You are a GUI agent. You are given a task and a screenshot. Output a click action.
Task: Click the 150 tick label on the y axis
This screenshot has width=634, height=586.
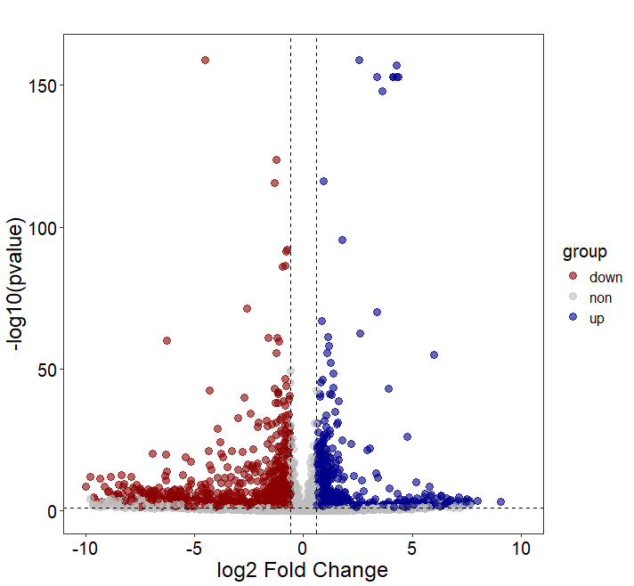click(43, 85)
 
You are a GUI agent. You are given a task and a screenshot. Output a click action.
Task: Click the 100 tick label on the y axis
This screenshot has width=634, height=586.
click(43, 227)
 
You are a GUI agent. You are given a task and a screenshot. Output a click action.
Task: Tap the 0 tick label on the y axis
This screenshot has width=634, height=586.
click(52, 511)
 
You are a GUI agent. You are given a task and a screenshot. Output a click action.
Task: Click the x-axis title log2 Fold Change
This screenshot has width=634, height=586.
click(303, 570)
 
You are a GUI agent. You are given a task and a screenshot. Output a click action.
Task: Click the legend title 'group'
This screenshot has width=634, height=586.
click(578, 252)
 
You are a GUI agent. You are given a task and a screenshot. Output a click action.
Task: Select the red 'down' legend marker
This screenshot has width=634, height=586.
click(573, 277)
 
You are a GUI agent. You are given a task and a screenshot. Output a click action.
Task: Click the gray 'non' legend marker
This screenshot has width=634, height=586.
click(573, 297)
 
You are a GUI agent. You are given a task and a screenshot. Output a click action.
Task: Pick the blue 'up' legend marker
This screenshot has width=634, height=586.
click(573, 318)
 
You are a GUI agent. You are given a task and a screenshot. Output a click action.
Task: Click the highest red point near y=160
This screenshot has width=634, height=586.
click(205, 60)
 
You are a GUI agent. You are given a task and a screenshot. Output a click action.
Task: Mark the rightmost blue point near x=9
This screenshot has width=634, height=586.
click(500, 502)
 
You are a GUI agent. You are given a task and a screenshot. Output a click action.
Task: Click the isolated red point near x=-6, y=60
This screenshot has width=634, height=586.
click(167, 340)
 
